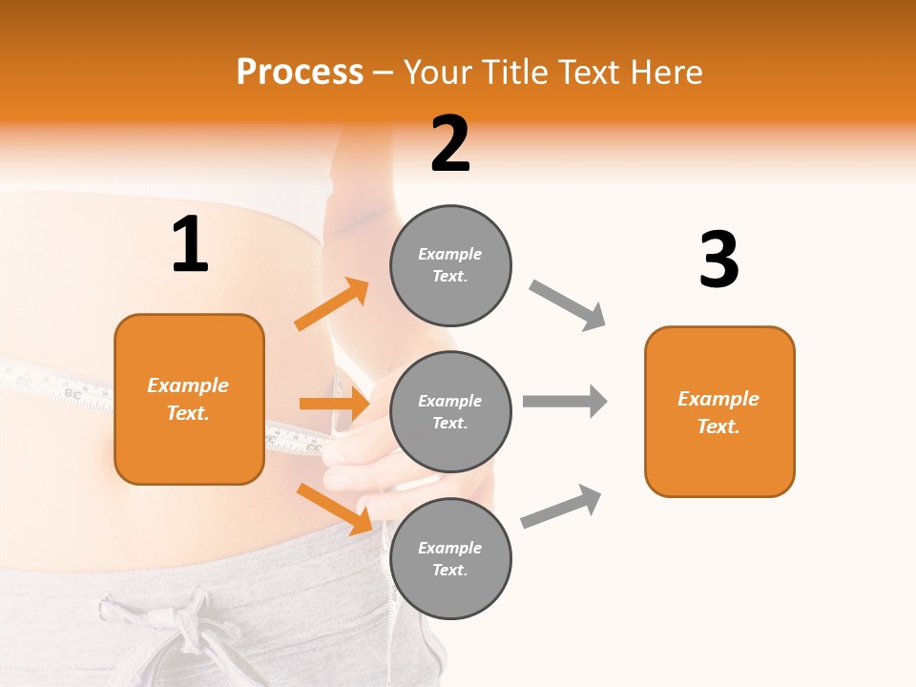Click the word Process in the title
coord(300,73)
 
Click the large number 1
coord(190,245)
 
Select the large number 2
coord(450,144)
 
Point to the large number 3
coord(718,260)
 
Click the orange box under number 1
coord(189,399)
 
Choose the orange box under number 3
coord(719,411)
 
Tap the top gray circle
coord(450,265)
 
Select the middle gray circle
coord(450,411)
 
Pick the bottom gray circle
coord(450,558)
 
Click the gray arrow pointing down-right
coord(568,305)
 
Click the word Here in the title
coord(667,73)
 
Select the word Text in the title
coord(587,73)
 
